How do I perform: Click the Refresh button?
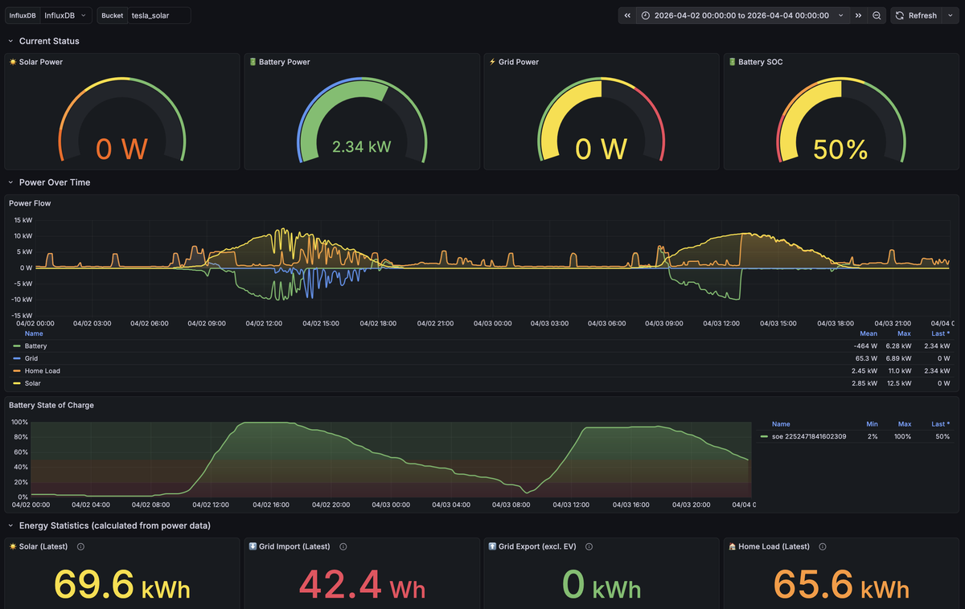point(916,15)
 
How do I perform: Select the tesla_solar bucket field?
point(158,15)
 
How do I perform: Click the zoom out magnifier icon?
point(877,15)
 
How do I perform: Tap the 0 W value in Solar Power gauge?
point(122,148)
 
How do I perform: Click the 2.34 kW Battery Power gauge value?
point(362,147)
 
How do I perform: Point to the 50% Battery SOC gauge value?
point(840,149)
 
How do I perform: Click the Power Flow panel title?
point(30,203)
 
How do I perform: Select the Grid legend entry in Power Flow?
point(31,358)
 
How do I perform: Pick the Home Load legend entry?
point(42,371)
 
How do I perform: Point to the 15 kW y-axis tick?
point(23,219)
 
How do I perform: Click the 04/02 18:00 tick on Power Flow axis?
point(377,323)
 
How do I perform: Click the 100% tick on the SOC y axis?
point(18,422)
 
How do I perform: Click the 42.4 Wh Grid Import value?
point(362,585)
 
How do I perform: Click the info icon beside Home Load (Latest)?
point(822,546)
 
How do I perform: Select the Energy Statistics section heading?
point(115,525)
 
